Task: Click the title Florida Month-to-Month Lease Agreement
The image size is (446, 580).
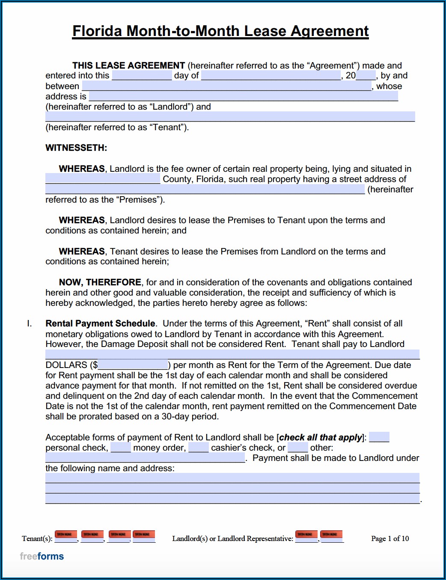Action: [x=220, y=31]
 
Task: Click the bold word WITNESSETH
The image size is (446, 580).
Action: [x=76, y=148]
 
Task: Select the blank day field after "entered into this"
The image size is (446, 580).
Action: [x=142, y=76]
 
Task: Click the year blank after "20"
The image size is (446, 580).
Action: [x=366, y=76]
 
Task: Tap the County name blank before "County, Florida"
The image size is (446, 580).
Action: [x=103, y=179]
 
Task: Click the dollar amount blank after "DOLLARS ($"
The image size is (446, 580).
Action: [x=133, y=365]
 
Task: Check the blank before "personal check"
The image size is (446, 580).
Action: [x=379, y=437]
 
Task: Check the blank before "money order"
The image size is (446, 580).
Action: [x=121, y=448]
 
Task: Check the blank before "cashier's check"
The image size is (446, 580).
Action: [x=199, y=448]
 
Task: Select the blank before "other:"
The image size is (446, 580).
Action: [x=298, y=448]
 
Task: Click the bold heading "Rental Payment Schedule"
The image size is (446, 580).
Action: [x=100, y=323]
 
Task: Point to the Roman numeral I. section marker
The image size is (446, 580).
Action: [x=29, y=323]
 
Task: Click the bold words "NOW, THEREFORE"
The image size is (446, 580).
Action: [x=100, y=282]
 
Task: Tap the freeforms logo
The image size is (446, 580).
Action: [x=42, y=556]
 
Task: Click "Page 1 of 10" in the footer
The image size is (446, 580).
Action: [x=390, y=538]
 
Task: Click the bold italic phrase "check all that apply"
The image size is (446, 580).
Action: [x=321, y=437]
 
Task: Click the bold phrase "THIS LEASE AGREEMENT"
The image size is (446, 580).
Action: [x=128, y=66]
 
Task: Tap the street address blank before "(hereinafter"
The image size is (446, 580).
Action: [x=205, y=189]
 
